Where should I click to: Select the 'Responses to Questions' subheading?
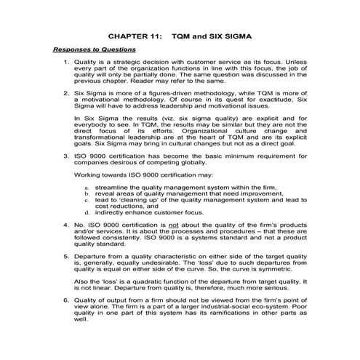pos(94,49)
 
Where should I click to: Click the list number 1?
pos(68,63)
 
